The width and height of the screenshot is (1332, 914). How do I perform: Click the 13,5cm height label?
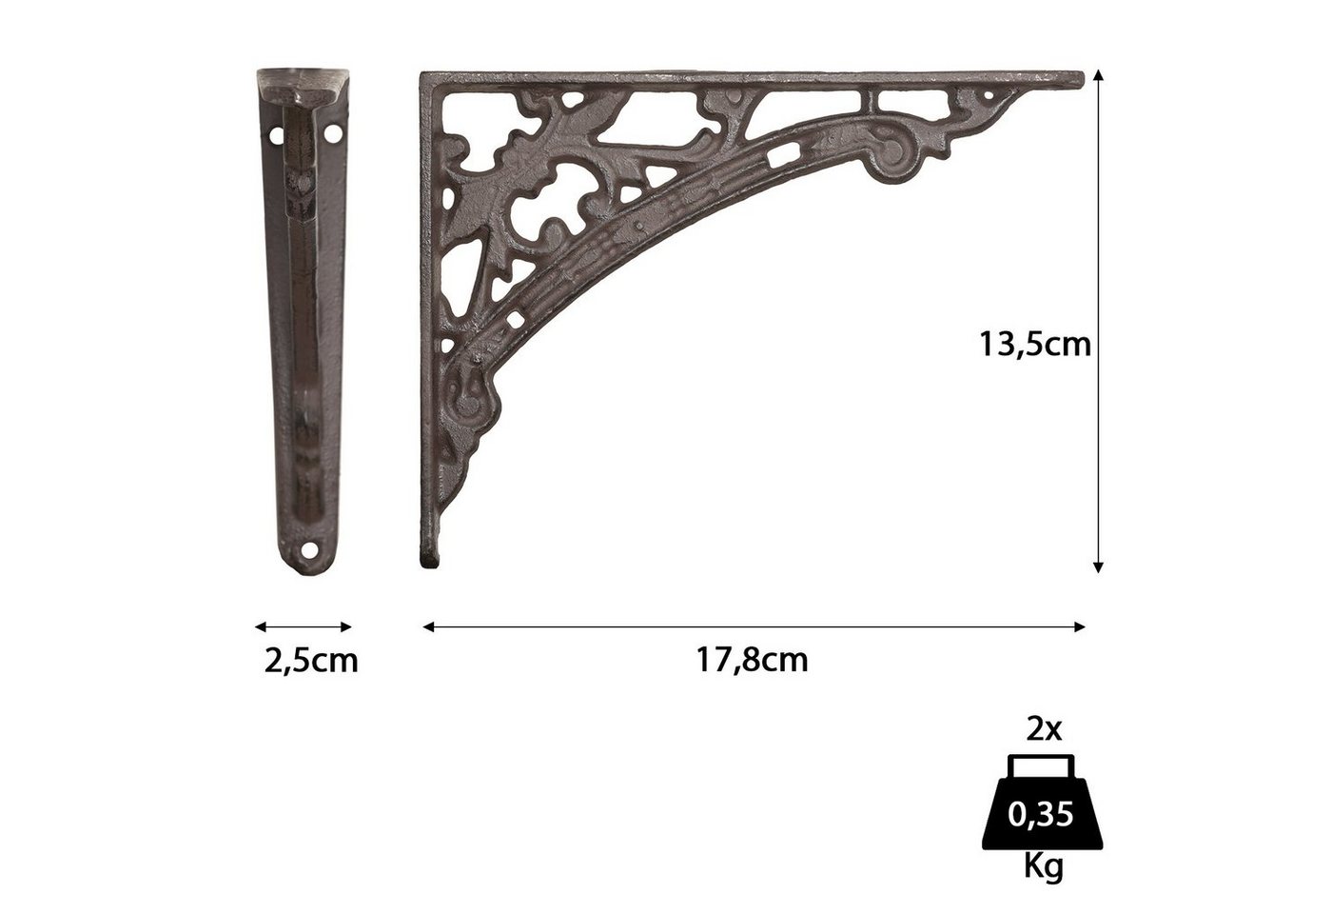click(1035, 345)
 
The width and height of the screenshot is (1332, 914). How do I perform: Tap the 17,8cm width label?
click(752, 660)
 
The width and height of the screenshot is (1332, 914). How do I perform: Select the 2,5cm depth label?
click(311, 661)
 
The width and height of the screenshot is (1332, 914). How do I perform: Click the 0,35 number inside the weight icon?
click(1041, 815)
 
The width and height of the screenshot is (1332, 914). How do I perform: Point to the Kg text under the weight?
click(1043, 867)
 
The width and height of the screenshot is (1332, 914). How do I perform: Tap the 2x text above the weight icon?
click(1044, 729)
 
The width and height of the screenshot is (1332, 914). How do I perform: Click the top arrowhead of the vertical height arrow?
click(1098, 75)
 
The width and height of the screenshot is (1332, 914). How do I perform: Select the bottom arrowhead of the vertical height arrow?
click(1098, 567)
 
